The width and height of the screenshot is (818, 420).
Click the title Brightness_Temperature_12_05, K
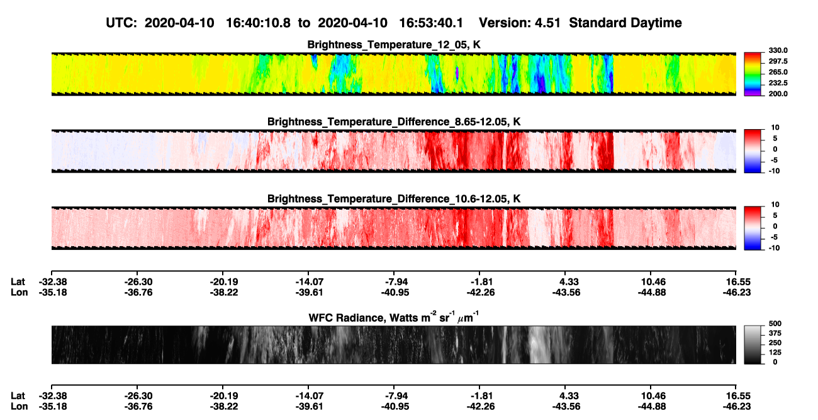coord(394,45)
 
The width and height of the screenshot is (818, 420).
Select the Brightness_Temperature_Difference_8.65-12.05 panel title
coord(394,122)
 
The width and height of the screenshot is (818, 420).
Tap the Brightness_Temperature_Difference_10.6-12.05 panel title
coord(394,199)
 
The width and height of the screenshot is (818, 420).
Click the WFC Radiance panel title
coord(394,317)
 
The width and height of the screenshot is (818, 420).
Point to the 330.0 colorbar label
coord(778,50)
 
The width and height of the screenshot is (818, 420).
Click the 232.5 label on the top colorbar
coord(778,83)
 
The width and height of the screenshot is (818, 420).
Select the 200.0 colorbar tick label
coord(778,94)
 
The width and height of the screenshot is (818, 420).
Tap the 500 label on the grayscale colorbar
coord(775,324)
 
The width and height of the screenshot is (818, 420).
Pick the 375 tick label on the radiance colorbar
coord(775,333)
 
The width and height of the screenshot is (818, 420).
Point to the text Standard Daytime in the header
coord(625,23)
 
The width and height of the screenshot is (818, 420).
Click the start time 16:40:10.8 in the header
coord(258,23)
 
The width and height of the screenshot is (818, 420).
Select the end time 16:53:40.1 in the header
coord(431,23)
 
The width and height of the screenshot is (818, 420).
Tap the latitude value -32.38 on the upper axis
coord(53,282)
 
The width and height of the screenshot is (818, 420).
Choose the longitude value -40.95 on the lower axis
coord(395,407)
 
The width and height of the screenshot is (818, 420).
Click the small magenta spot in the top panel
coord(457,72)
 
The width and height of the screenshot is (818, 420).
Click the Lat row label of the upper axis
coord(18,282)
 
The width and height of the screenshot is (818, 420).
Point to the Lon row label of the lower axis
coord(19,407)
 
